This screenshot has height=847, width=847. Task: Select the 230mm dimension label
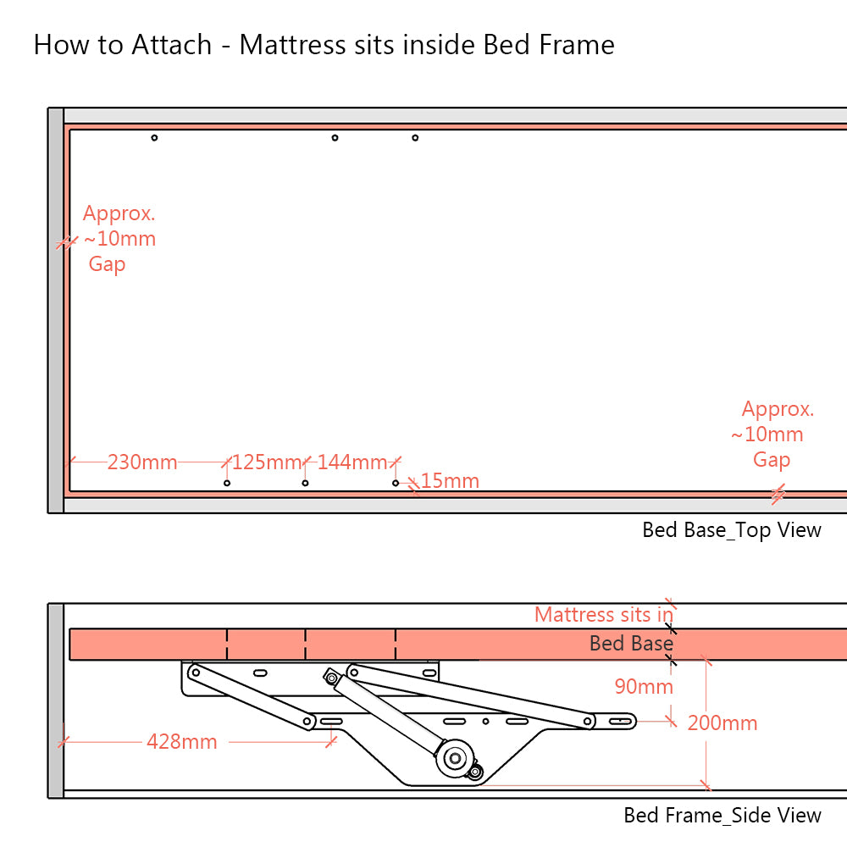[x=142, y=462]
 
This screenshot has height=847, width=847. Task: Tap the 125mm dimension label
[x=267, y=462]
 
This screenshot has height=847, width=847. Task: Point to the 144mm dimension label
[x=352, y=462]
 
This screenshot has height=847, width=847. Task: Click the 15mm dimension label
[x=450, y=481]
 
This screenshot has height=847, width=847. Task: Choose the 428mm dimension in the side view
[x=181, y=742]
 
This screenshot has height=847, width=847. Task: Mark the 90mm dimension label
[x=644, y=686]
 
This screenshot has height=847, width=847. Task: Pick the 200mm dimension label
[x=722, y=722]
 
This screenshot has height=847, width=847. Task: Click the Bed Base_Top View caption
[x=732, y=530]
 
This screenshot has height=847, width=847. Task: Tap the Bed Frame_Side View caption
[x=722, y=815]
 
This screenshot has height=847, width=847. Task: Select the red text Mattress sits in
[x=604, y=614]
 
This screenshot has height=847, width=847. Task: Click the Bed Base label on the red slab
[x=631, y=644]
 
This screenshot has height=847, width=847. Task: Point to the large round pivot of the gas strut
[x=456, y=756]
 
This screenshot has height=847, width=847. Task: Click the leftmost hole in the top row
[x=154, y=137]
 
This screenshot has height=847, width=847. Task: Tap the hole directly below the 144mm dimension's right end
[x=396, y=483]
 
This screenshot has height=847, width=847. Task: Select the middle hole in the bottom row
[x=305, y=483]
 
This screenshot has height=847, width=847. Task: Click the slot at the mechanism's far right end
[x=622, y=721]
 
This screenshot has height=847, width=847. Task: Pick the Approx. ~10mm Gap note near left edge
[x=119, y=239]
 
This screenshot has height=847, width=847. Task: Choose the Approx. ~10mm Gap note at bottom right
[x=772, y=435]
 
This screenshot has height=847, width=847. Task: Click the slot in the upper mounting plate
[x=260, y=673]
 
